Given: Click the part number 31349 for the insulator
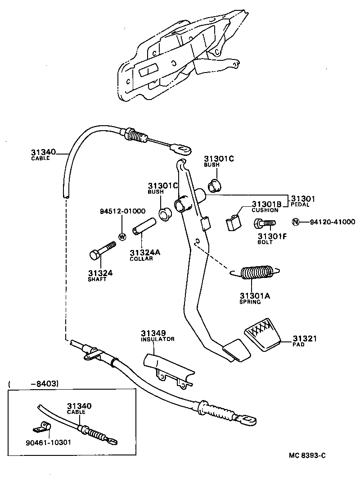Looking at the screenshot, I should [152, 333].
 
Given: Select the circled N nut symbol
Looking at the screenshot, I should [296, 222].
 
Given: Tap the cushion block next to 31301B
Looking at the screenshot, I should [232, 223].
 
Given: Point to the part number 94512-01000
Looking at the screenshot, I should [122, 211].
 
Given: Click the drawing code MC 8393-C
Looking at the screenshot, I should [307, 455].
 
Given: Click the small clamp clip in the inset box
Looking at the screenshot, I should [43, 426].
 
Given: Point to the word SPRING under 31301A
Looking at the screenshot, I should [250, 302].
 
